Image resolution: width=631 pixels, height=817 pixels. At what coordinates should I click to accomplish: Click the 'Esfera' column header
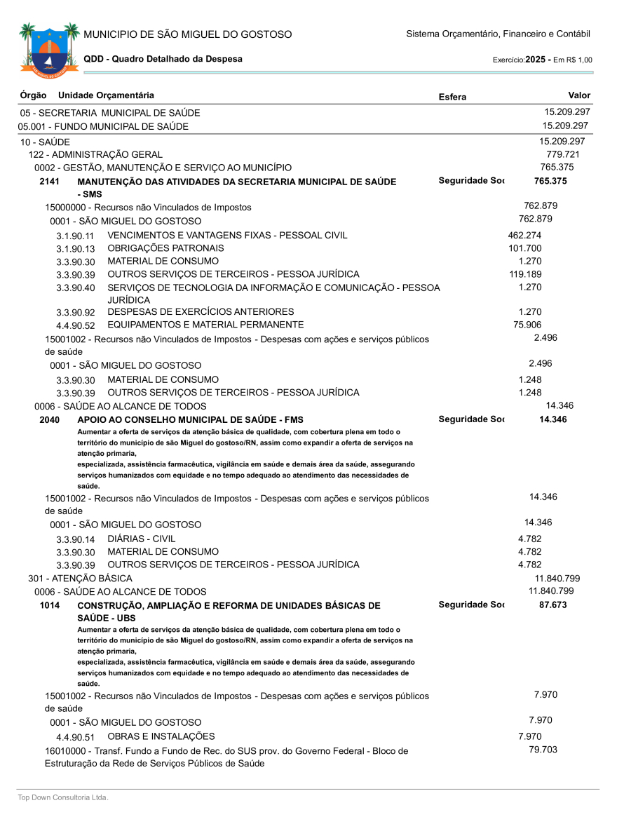452,97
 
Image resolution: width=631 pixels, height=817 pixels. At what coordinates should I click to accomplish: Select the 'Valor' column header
579,95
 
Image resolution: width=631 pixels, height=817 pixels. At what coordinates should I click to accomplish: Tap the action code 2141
49,182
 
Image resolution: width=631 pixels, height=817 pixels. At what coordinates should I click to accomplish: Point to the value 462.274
524,235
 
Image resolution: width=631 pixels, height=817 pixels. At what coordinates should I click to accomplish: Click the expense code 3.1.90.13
75,249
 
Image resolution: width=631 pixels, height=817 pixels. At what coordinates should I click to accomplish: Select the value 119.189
525,274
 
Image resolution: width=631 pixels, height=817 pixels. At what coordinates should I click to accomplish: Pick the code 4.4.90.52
75,325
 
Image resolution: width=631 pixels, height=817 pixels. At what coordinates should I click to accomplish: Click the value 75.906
527,325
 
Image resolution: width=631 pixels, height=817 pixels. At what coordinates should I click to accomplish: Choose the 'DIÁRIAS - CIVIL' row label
141,539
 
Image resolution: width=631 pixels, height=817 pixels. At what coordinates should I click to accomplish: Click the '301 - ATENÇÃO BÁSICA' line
76,579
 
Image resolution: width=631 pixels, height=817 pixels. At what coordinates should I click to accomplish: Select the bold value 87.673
553,605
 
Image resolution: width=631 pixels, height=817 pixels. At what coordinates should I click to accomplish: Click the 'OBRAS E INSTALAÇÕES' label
161,736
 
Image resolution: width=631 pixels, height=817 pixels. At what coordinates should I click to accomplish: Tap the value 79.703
543,750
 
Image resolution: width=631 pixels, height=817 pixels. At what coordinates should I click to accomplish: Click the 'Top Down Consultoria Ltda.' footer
63,797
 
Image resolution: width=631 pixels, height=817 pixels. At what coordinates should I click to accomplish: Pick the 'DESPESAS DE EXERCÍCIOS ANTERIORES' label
201,311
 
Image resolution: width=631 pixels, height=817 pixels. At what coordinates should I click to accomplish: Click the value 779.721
563,154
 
